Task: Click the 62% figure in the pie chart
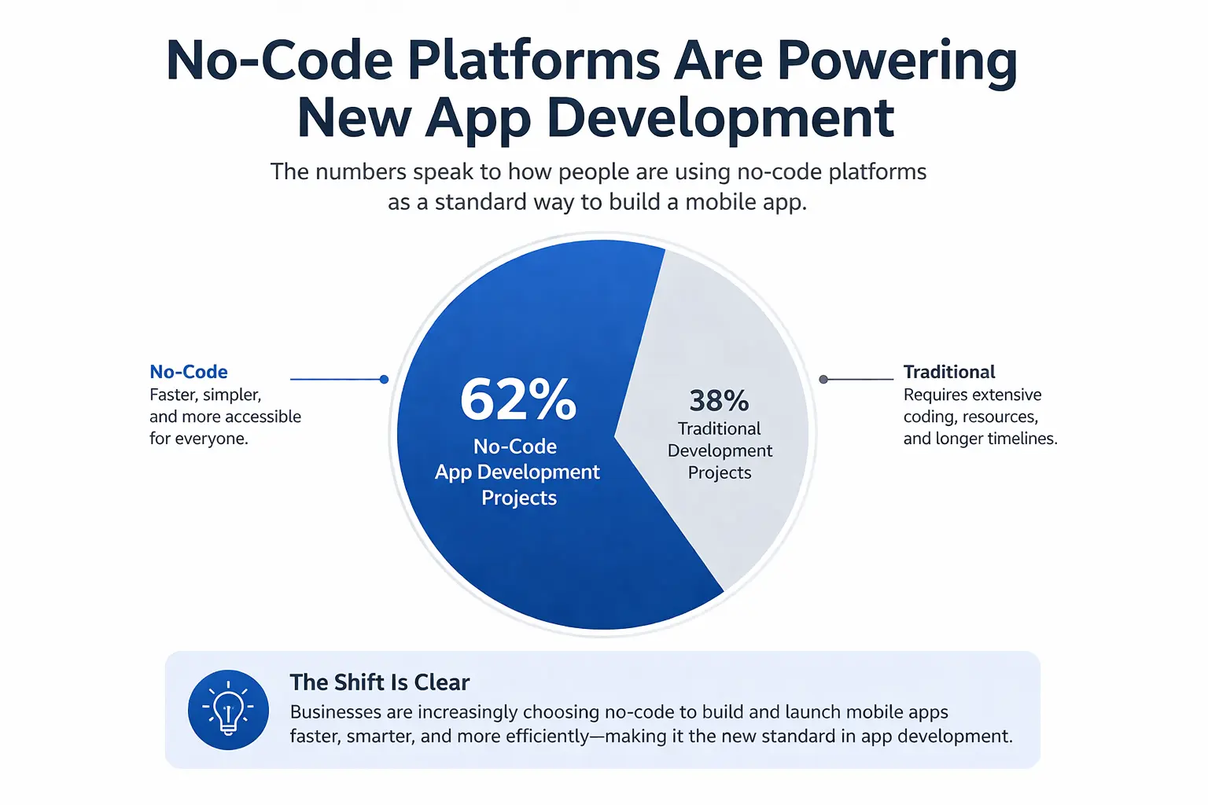tap(517, 399)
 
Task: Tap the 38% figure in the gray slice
tap(720, 400)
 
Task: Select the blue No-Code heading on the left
tap(189, 372)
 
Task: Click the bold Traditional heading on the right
tap(949, 372)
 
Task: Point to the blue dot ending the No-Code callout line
tap(384, 380)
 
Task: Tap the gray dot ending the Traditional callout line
tap(823, 380)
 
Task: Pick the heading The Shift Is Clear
tap(380, 682)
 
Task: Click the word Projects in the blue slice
tap(519, 498)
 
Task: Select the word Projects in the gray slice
tap(720, 472)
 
